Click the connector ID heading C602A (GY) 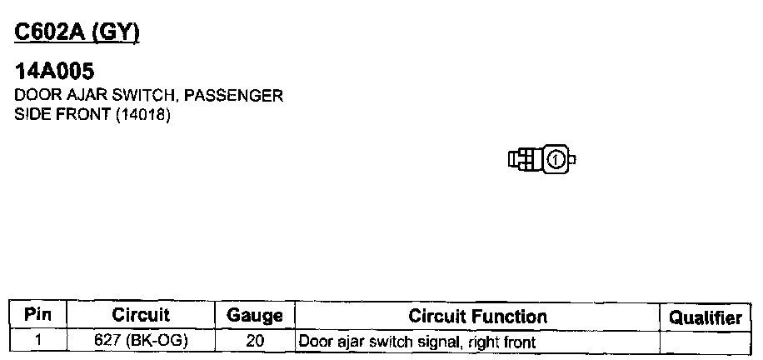(x=77, y=33)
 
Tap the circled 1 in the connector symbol (x=557, y=158)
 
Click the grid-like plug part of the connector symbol (x=524, y=158)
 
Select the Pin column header (x=38, y=316)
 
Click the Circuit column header (x=141, y=316)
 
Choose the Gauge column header (x=255, y=316)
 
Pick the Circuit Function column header (x=477, y=316)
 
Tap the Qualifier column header (x=705, y=317)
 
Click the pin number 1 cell (x=38, y=342)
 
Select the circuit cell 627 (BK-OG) (x=141, y=342)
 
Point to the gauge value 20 (x=255, y=342)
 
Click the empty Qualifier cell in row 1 (x=705, y=342)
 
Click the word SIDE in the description (x=32, y=114)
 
